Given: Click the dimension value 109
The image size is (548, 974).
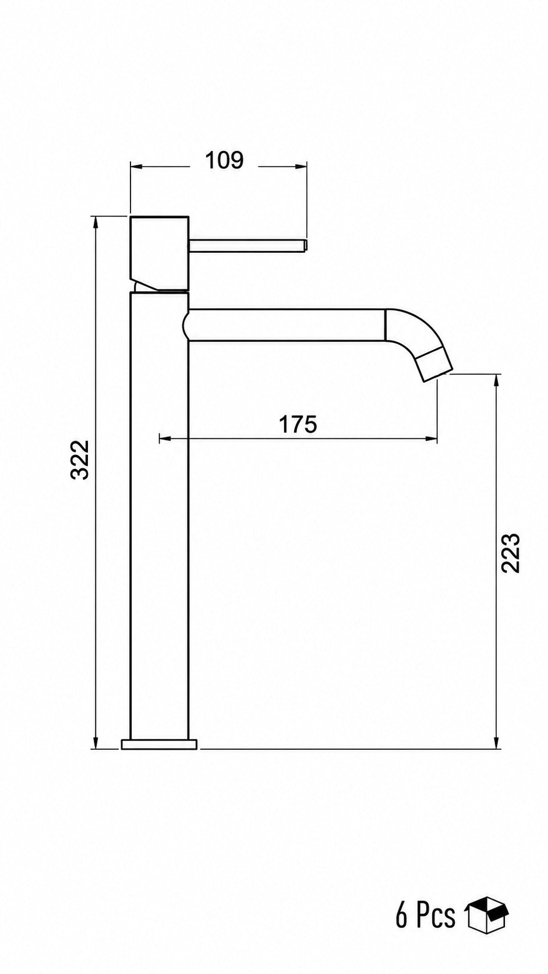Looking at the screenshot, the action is [224, 160].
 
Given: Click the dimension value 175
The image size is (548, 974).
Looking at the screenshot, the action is [298, 425].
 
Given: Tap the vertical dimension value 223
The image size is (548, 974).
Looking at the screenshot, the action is [511, 553].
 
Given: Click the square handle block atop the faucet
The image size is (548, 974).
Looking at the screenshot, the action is [160, 253].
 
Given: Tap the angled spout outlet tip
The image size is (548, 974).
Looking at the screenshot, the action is [435, 363].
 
